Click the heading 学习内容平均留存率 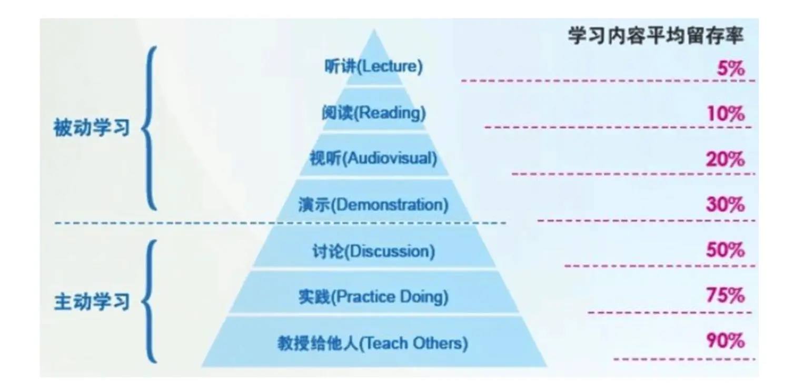point(656,36)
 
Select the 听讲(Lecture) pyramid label point(374,67)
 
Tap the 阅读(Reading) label point(374,113)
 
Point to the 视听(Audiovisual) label point(374,158)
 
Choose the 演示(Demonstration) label point(374,205)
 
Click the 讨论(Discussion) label point(374,251)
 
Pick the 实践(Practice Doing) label point(374,297)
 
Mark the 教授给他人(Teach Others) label point(374,343)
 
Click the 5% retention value point(731,68)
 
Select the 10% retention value point(726,114)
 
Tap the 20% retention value point(726,159)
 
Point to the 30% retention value point(726,205)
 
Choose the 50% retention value point(726,250)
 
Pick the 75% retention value point(726,296)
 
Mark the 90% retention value point(726,341)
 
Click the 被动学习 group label point(92,128)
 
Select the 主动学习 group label point(92,302)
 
